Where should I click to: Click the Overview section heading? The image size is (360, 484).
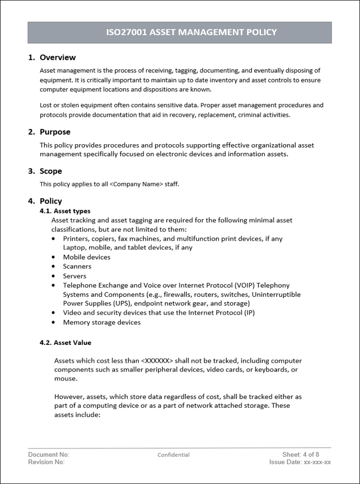tap(58, 57)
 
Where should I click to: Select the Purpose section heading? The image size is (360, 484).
tap(55, 132)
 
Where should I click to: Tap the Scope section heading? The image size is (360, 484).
tap(51, 171)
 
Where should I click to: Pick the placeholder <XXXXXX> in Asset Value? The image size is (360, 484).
tap(157, 361)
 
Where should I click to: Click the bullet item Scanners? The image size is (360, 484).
tap(77, 267)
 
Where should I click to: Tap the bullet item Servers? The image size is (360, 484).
tap(74, 276)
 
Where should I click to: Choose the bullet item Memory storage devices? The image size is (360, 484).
tap(102, 323)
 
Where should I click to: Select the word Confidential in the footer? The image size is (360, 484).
tap(174, 455)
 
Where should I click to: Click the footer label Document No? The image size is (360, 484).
tap(49, 455)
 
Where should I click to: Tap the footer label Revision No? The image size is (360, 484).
tap(47, 462)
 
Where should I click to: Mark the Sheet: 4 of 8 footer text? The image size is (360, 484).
tap(300, 455)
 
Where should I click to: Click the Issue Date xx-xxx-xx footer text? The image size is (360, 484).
tap(300, 462)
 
